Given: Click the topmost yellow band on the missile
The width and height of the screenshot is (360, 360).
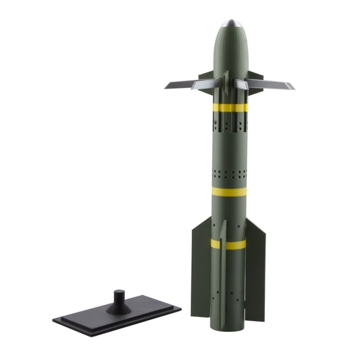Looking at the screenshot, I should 229,107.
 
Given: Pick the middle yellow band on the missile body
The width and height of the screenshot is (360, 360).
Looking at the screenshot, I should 229,191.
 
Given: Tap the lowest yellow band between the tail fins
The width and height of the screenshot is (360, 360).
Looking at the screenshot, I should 229,244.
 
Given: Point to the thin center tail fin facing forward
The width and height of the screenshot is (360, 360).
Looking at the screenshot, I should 222,262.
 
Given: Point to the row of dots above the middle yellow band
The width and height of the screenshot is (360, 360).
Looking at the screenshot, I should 229,172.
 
